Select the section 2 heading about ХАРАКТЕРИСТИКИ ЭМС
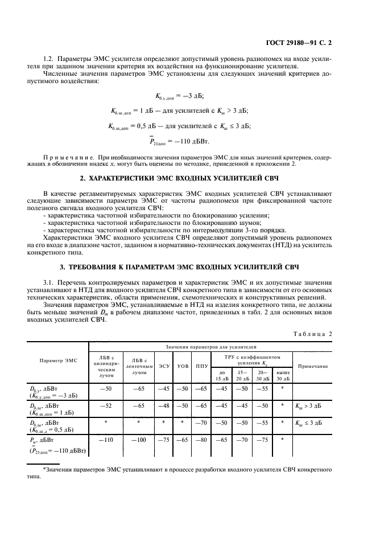coord(188,178)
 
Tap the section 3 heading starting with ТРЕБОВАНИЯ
coord(188,266)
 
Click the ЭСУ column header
coord(164,366)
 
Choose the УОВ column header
coord(183,366)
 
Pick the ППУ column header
coord(201,366)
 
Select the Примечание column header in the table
coord(313,366)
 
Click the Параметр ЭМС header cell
coord(58,361)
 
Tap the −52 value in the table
coord(106,405)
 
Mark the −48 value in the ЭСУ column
coord(164,405)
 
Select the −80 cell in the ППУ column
coord(201,440)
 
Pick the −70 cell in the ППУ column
coord(201,423)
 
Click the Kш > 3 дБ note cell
coord(309,405)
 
